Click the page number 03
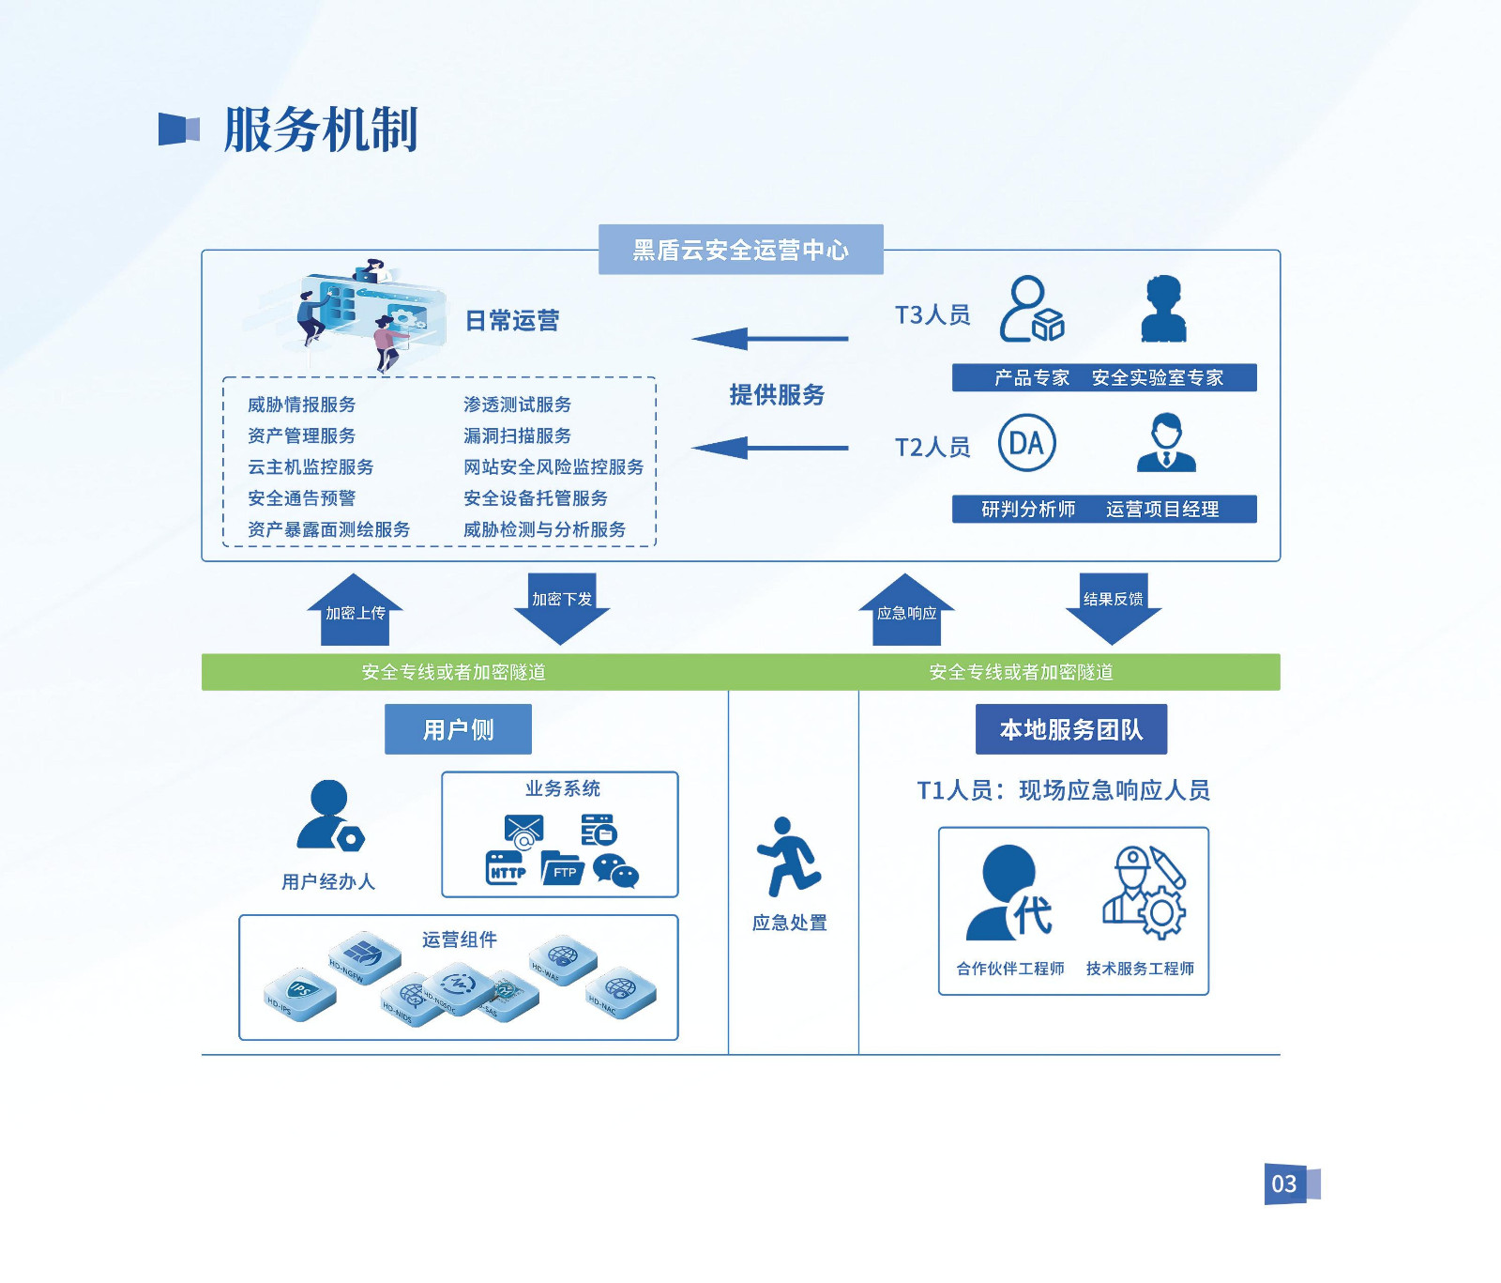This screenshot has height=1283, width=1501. click(1284, 1184)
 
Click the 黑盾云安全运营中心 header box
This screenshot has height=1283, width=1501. click(740, 250)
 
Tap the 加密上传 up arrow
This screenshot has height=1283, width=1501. click(355, 611)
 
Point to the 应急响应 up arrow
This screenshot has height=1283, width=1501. click(906, 611)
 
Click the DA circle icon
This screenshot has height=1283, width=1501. click(1026, 443)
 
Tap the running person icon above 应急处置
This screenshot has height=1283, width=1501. click(789, 857)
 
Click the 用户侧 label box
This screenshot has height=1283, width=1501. click(458, 729)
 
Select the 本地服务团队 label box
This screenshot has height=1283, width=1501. click(1071, 729)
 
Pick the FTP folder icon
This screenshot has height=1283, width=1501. click(563, 868)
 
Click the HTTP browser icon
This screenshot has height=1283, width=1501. click(507, 868)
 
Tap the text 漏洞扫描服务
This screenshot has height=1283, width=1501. click(517, 435)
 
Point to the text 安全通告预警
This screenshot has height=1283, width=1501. click(301, 497)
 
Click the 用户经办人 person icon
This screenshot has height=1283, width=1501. click(329, 816)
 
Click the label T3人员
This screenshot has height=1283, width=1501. click(932, 314)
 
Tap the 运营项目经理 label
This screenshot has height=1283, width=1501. click(1162, 509)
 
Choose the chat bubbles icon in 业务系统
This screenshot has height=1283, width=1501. click(615, 871)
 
